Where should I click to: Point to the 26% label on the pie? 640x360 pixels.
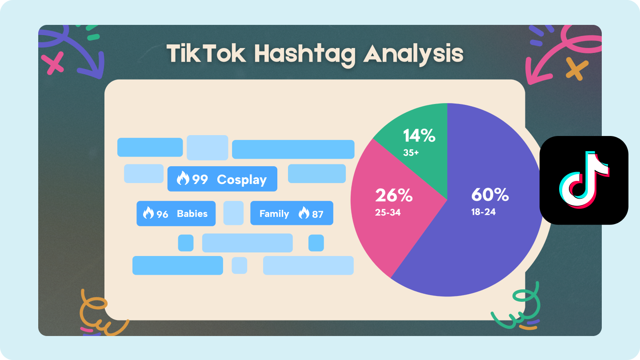[x=394, y=195]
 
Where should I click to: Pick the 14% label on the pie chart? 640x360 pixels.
[x=419, y=136]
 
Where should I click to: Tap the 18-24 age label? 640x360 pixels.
[x=483, y=212]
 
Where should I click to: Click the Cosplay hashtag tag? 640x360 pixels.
[x=222, y=179]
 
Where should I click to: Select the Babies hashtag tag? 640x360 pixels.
[x=176, y=214]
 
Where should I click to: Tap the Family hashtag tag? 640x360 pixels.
[x=292, y=214]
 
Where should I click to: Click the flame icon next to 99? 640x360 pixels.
[x=183, y=179]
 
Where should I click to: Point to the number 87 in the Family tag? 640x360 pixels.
[x=317, y=214]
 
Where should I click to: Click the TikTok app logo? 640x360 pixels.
[x=584, y=180]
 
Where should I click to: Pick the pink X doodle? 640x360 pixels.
[x=55, y=63]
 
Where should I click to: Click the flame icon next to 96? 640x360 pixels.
[x=148, y=214]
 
